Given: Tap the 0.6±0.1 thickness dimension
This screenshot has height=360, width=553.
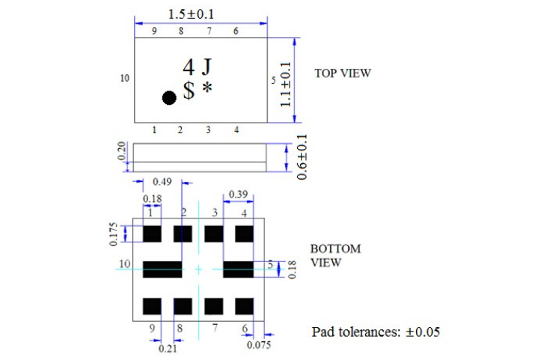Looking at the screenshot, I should tap(301, 156).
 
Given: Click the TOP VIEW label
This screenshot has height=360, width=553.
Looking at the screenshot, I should tap(342, 73).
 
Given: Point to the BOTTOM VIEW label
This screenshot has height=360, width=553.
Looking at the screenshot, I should tap(335, 255).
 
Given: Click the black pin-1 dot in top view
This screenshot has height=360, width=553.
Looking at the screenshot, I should tap(169, 97).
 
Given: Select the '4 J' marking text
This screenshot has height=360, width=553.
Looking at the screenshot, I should tap(197, 67).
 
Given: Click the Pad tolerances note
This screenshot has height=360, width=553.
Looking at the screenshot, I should tap(376, 331).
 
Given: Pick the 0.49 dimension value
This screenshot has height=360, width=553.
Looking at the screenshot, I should tap(162, 181).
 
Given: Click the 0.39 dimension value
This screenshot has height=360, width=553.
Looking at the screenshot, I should tap(239, 194).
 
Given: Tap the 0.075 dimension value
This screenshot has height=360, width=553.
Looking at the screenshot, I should tap(259, 345).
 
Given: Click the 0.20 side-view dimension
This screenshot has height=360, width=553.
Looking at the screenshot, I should tap(121, 153).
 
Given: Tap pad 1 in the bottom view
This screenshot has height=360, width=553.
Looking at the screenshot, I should tap(152, 234).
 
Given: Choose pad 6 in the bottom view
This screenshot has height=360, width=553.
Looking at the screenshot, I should tap(244, 306).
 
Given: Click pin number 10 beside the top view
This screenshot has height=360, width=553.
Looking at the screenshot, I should tap(125, 78).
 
